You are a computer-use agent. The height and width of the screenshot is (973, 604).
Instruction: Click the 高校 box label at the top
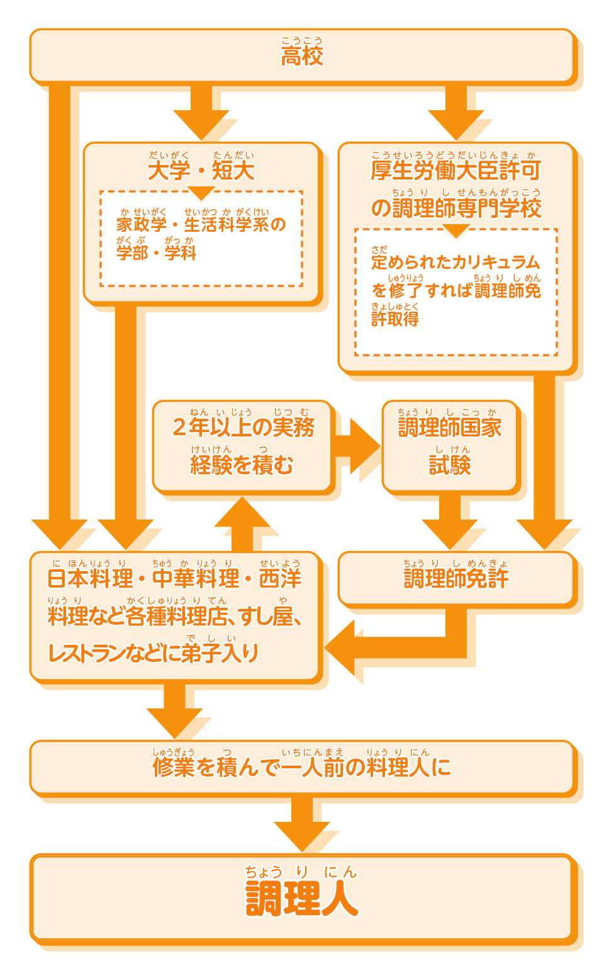[302, 56]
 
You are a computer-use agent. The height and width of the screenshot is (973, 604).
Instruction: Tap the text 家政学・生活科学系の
[201, 224]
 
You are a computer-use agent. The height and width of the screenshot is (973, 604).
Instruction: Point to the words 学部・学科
[156, 253]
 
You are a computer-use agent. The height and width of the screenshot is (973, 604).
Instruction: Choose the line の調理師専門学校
[456, 208]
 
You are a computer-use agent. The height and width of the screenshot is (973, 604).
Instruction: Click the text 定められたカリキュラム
[456, 262]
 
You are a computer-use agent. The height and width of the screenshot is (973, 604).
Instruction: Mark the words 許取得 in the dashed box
[395, 319]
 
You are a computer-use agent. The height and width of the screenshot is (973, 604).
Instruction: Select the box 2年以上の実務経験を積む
[242, 446]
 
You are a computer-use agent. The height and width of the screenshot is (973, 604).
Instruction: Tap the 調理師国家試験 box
[450, 446]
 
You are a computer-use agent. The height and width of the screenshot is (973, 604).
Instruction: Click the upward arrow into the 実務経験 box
[242, 523]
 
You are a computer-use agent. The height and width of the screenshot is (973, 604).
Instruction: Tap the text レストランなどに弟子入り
[154, 653]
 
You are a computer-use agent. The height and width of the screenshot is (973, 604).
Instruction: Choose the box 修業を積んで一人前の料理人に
[302, 767]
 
